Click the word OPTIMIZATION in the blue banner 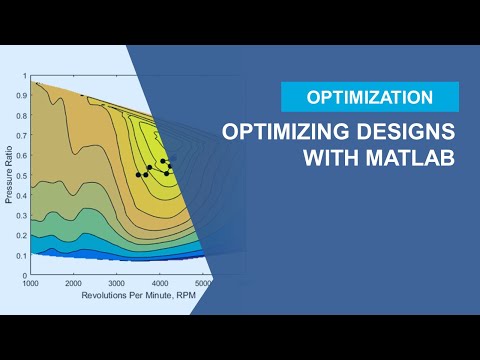370,97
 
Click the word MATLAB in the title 406,159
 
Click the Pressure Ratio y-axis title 9,176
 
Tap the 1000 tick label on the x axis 31,284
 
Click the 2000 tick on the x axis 74,284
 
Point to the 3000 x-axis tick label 117,284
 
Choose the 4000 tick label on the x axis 160,284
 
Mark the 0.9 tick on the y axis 23,96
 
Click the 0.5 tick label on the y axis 23,176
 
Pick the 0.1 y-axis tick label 23,256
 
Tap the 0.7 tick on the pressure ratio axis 23,136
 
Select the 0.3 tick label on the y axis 23,216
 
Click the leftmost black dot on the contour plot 138,175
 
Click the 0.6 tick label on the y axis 23,156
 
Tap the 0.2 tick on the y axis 23,236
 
